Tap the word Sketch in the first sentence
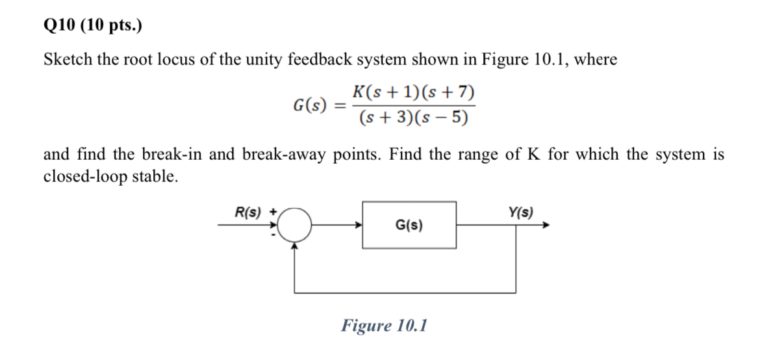click(x=66, y=60)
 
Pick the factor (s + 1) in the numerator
click(x=395, y=92)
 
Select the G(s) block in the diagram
click(x=409, y=225)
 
